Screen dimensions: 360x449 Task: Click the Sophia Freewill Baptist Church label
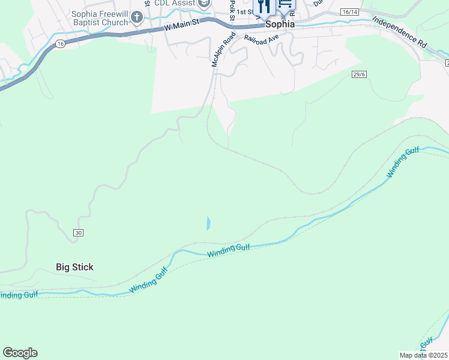(x=100, y=18)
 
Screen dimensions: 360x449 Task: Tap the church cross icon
(x=137, y=17)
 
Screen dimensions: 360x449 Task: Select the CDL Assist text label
(x=175, y=4)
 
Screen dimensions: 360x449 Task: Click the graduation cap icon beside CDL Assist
(x=204, y=4)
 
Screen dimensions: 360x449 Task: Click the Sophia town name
(x=280, y=25)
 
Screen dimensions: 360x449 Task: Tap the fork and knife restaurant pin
(x=264, y=7)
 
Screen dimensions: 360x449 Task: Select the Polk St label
(x=231, y=9)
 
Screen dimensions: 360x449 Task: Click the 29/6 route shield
(x=360, y=73)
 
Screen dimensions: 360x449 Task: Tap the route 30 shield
(x=79, y=232)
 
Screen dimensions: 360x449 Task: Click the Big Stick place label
(x=74, y=267)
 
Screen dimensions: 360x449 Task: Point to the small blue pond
(x=208, y=224)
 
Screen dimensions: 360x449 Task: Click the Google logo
(x=20, y=353)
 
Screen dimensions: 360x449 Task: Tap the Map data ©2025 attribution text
(x=423, y=355)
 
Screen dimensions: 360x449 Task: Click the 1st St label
(x=244, y=11)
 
